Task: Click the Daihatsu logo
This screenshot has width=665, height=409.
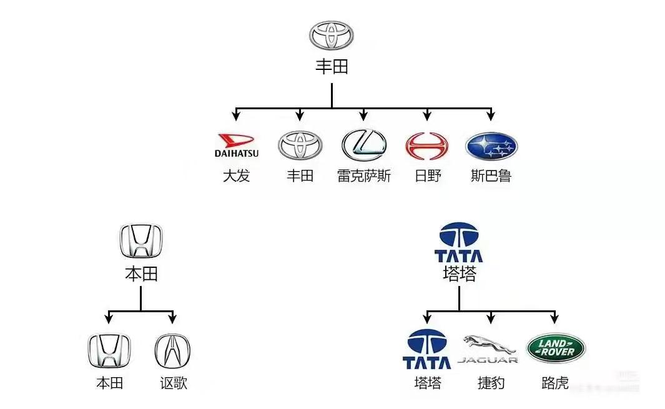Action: click(236, 145)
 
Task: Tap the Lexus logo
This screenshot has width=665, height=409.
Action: click(364, 145)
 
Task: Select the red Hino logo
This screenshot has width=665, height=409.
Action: click(427, 145)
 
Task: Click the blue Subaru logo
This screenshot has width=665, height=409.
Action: click(491, 146)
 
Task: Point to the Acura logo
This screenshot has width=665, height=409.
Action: click(172, 350)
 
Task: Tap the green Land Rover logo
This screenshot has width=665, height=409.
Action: click(556, 348)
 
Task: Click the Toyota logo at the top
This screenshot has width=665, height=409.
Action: click(332, 35)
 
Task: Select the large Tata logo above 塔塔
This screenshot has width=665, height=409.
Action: click(459, 242)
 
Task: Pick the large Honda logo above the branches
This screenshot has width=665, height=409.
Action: click(140, 241)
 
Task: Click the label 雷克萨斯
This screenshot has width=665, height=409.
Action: click(364, 176)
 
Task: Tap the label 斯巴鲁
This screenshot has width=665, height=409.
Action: click(491, 176)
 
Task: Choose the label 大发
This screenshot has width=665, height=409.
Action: click(236, 176)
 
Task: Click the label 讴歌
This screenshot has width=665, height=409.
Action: click(173, 383)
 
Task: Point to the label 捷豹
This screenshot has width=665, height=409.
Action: click(491, 383)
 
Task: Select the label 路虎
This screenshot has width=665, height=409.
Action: click(555, 383)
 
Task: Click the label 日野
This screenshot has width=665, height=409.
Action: click(427, 176)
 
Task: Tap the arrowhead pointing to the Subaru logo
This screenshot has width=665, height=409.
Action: click(491, 116)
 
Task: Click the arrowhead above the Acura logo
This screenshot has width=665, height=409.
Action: click(172, 318)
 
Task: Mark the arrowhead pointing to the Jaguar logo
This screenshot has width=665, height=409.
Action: click(491, 318)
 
